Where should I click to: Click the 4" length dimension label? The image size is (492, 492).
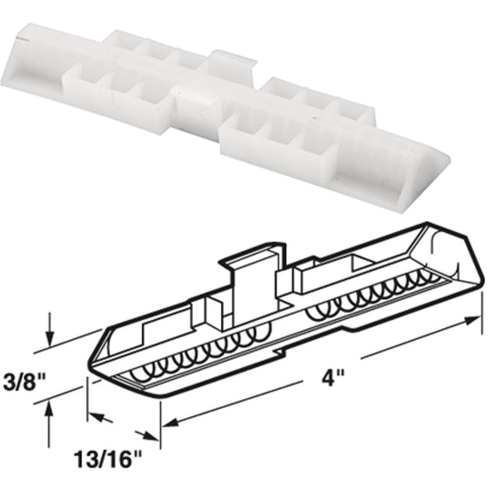click(x=333, y=378)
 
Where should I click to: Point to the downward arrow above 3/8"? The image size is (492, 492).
click(x=51, y=329)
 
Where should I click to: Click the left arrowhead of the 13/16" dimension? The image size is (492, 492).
click(x=94, y=415)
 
